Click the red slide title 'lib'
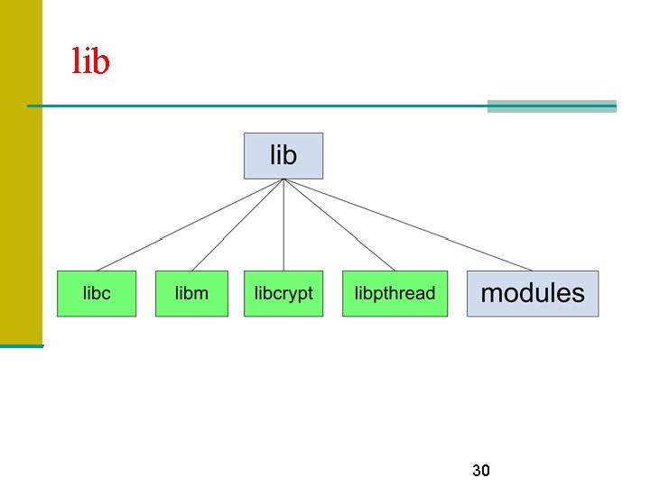[90, 61]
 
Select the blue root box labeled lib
[283, 156]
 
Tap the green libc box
[97, 293]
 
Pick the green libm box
[191, 293]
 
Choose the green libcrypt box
[283, 293]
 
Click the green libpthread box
[395, 293]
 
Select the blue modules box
[533, 293]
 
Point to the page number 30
[481, 471]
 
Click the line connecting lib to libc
[190, 225]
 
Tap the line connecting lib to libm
[237, 225]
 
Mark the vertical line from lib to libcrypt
[283, 225]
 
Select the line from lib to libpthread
[340, 225]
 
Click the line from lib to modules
[408, 225]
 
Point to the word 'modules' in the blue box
[533, 293]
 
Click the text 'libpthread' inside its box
[395, 293]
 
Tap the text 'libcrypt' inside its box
[283, 293]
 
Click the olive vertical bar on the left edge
[21, 171]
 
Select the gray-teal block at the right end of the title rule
[552, 106]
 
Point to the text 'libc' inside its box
[97, 293]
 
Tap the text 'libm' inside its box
[191, 293]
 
